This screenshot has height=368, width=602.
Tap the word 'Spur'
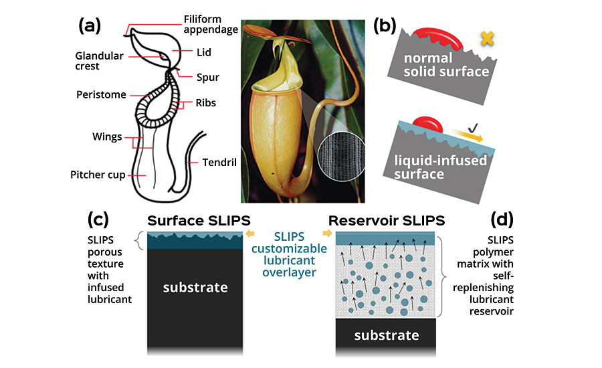(x=208, y=78)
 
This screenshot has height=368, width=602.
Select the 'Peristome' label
(x=101, y=95)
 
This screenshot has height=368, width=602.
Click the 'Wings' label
(x=107, y=136)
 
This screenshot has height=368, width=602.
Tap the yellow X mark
(x=488, y=39)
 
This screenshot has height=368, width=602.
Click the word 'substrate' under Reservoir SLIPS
(x=386, y=335)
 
